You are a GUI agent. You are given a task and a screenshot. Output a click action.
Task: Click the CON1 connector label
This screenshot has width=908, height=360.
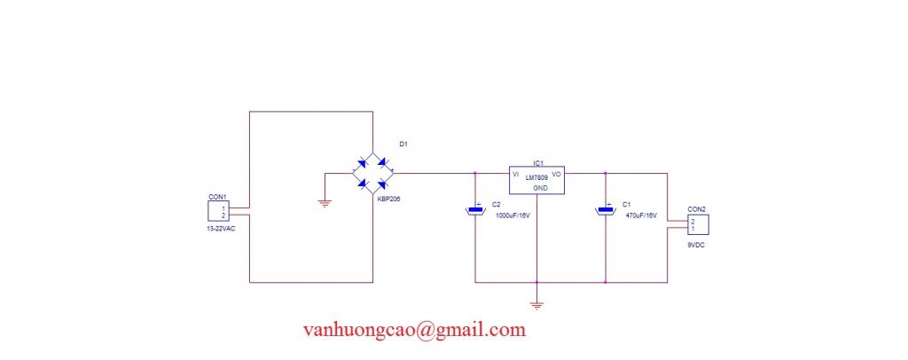click(x=217, y=197)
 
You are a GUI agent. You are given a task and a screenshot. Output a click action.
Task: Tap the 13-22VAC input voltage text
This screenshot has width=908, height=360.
click(x=222, y=228)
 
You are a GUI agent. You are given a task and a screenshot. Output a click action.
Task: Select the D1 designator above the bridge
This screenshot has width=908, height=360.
click(x=403, y=145)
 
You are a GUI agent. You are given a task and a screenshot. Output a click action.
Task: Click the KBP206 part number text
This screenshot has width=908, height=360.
click(x=388, y=199)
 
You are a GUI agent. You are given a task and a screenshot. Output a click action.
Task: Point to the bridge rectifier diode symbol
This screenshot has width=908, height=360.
click(x=373, y=173)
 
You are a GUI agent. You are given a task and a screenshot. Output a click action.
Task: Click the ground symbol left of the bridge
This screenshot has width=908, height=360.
click(x=325, y=203)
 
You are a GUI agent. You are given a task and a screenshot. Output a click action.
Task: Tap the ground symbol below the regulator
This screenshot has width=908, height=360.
click(x=536, y=306)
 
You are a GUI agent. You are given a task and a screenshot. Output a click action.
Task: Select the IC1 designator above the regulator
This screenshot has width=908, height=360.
click(x=537, y=162)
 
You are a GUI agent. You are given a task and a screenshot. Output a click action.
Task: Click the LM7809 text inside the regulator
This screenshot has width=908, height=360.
click(x=536, y=177)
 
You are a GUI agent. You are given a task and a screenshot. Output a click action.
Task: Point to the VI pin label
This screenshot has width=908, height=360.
click(x=515, y=174)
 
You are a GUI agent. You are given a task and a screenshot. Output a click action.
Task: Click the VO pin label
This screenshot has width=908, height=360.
click(x=557, y=174)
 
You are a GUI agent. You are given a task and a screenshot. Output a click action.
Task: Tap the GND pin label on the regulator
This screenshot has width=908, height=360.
click(x=540, y=188)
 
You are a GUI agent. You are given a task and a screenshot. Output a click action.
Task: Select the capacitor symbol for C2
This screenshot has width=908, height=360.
click(x=475, y=209)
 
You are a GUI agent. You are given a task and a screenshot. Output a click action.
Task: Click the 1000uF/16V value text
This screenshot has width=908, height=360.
click(x=513, y=215)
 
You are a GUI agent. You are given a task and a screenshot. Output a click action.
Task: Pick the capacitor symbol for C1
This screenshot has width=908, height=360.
click(x=605, y=209)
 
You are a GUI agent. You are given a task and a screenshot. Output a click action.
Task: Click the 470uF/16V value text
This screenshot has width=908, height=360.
click(x=642, y=215)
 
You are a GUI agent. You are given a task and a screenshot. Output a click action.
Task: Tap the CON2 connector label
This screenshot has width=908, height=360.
click(x=697, y=209)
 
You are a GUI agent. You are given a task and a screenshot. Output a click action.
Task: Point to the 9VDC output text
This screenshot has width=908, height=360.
click(x=697, y=246)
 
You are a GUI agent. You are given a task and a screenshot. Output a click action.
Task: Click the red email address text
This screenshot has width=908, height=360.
click(x=415, y=330)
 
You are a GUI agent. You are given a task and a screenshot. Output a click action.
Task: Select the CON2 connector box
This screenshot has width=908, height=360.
click(x=699, y=224)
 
